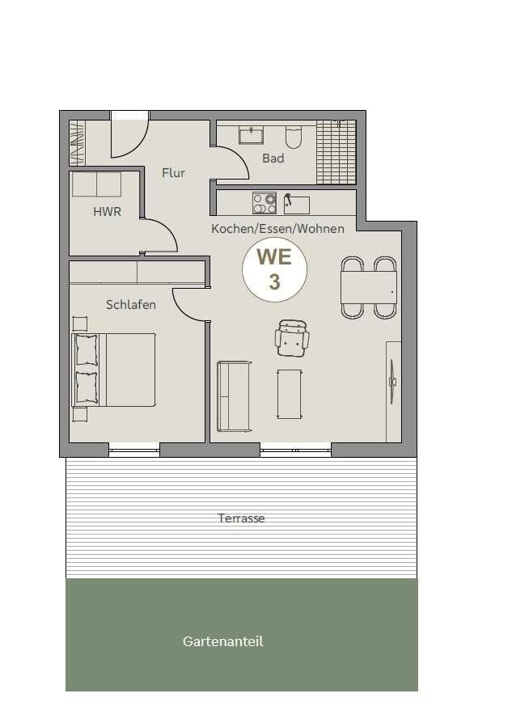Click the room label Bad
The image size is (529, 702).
point(273,158)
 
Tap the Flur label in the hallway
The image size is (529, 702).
point(173,173)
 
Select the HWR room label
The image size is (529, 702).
point(107,212)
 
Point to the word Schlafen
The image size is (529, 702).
point(131,304)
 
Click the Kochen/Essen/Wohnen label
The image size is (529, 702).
point(277,229)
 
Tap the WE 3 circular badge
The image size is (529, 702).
point(274,269)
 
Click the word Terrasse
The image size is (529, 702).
point(241,518)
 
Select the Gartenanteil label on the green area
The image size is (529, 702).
point(222,641)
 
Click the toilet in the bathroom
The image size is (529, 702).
point(294,137)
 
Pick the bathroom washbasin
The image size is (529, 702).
point(251,135)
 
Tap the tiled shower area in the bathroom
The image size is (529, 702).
point(336,152)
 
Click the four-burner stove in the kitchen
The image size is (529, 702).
point(264,203)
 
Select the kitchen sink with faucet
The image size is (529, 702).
point(297,204)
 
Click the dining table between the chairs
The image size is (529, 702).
point(369,287)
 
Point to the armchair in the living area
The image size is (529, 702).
point(292,338)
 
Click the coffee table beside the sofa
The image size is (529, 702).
point(289,394)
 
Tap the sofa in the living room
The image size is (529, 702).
point(235,396)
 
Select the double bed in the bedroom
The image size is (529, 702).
point(113,370)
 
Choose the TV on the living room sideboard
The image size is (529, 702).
point(392,382)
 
